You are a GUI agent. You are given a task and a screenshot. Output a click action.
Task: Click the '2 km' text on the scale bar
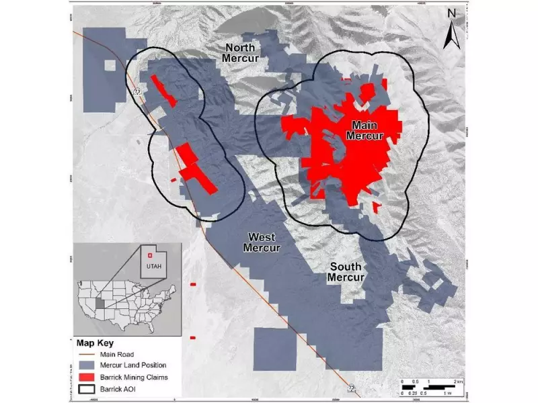[457, 381]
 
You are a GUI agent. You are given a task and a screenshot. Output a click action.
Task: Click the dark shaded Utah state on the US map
[100, 304]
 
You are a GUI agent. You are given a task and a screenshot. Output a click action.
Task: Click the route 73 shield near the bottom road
[351, 388]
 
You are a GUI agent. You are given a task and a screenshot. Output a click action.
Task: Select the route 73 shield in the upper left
[137, 92]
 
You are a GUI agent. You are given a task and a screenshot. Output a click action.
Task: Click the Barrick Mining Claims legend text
[132, 377]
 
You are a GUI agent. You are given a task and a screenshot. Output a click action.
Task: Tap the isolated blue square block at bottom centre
[275, 349]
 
